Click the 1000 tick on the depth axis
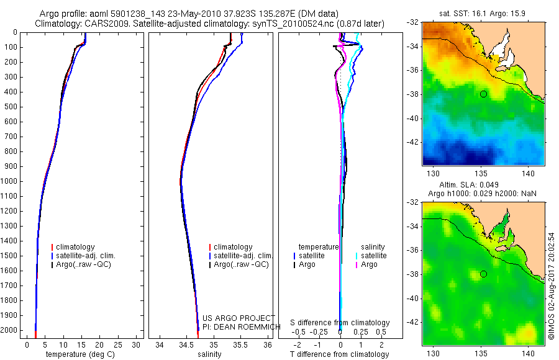11,181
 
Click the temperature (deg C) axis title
78,354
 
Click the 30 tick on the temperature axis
137,344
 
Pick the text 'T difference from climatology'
339,354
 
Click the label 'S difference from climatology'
340,323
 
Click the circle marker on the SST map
483,94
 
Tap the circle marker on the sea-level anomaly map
483,274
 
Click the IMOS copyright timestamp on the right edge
550,286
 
